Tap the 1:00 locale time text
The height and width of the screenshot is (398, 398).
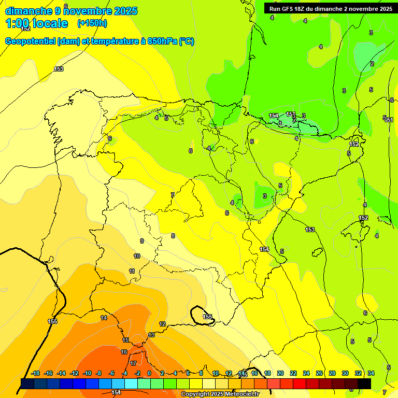point(36,23)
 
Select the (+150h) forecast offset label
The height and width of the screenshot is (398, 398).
point(92,23)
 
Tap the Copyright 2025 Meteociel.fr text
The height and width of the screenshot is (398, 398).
point(220,394)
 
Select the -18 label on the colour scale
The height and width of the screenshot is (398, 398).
point(36,373)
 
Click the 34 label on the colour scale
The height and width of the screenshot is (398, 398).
point(371,373)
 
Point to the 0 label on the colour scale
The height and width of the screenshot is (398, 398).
point(149,373)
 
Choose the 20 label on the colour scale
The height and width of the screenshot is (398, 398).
point(280,373)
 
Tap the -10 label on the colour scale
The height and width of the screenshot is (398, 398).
point(87,373)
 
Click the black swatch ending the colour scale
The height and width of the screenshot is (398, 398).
point(364,383)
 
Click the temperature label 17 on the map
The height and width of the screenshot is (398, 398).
point(133,363)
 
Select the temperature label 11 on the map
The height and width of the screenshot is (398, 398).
point(132,271)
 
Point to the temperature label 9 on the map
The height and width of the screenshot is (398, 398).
point(141,241)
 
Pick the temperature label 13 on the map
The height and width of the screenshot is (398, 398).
point(151,335)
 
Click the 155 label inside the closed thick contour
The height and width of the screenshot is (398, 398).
point(207,316)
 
